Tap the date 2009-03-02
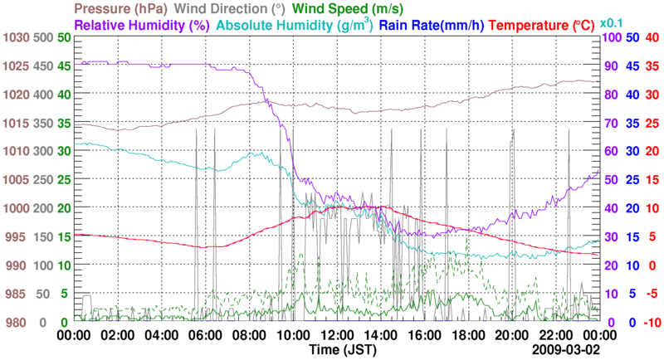point(566,350)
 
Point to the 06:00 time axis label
point(205,336)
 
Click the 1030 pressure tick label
point(16,38)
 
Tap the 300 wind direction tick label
point(43,152)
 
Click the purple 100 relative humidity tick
point(612,38)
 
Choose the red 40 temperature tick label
point(652,38)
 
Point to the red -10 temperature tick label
point(651,323)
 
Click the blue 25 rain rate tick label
point(632,180)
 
